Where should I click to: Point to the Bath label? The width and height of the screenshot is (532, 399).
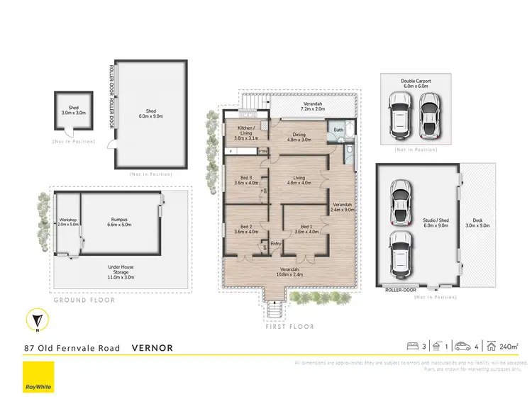(x=339, y=130)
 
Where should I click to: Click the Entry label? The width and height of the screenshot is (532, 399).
(x=275, y=245)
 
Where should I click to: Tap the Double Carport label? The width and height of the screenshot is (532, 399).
(x=415, y=84)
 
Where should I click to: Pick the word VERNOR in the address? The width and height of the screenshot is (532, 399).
(x=153, y=348)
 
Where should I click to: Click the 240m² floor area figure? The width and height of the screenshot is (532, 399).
(x=509, y=347)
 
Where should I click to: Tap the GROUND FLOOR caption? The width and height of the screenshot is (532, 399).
(x=84, y=300)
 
